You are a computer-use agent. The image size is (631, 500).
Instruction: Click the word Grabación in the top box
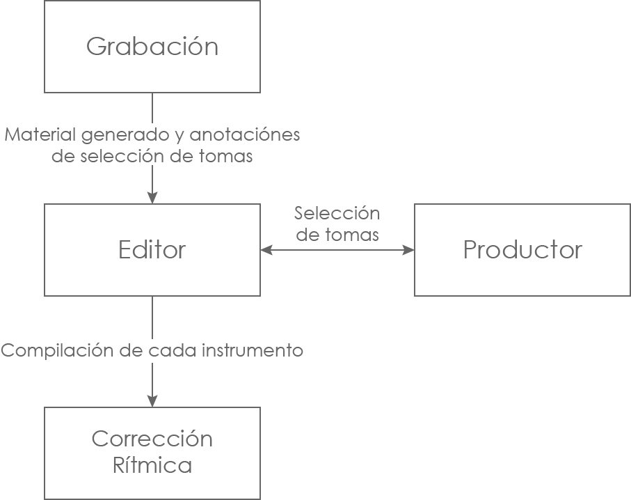point(152,47)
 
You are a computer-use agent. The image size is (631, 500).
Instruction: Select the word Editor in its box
point(152,250)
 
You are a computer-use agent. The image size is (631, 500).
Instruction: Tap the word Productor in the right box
point(522,250)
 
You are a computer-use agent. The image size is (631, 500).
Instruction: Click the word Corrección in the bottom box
point(152,439)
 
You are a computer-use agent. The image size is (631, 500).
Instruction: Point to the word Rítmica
point(152,464)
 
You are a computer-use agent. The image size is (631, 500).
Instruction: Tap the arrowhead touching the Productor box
point(408,250)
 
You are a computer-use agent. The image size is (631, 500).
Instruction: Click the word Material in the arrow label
point(38,134)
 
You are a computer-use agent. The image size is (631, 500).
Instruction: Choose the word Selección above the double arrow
point(337,213)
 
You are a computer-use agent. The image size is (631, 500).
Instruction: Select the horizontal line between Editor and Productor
point(337,250)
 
